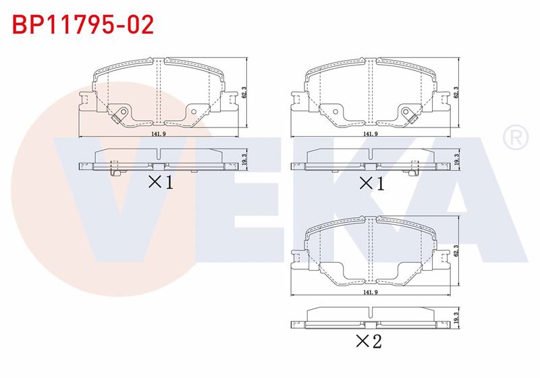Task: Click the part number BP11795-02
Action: click(x=83, y=24)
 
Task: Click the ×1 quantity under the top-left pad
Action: click(x=161, y=182)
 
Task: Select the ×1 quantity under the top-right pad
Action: click(x=372, y=183)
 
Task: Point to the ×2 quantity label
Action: click(x=369, y=341)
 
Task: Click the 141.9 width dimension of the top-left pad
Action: click(x=159, y=134)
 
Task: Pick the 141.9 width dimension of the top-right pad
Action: click(x=371, y=134)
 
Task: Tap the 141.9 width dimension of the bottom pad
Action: click(x=371, y=292)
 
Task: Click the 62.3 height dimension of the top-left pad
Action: click(x=244, y=92)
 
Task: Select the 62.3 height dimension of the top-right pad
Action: click(x=456, y=92)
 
